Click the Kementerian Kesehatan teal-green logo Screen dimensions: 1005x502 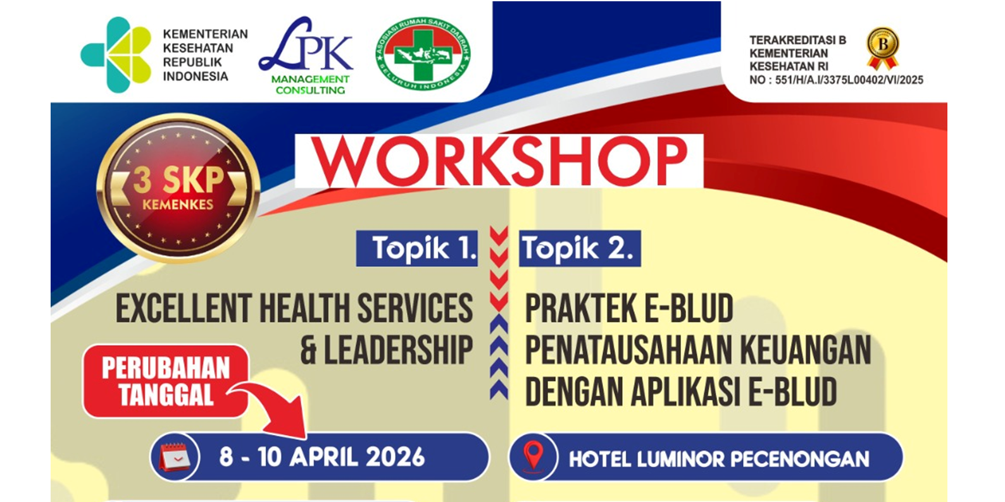tap(116, 54)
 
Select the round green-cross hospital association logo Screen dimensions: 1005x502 tap(423, 53)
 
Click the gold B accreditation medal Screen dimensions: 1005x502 tap(882, 49)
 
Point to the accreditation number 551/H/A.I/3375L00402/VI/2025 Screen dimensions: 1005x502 tap(849, 80)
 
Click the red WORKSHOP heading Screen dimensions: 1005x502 tap(499, 161)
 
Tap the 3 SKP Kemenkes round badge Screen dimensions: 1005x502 tap(178, 188)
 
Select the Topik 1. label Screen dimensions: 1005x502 tap(417, 248)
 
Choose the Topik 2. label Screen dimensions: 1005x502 tap(580, 248)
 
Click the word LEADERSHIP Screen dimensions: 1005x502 tap(399, 350)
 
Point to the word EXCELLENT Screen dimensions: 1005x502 tap(184, 308)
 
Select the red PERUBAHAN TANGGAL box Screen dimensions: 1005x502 tap(166, 381)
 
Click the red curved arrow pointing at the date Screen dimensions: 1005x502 tap(272, 408)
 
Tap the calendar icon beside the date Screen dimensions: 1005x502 tap(175, 457)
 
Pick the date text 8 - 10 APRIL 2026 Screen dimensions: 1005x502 tap(321, 458)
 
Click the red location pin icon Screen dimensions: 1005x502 tap(534, 456)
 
